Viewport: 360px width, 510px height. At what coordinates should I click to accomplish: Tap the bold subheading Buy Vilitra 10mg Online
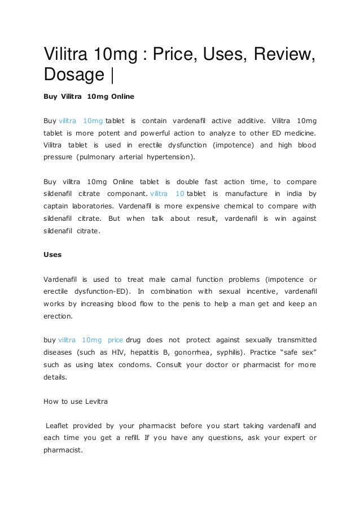[89, 97]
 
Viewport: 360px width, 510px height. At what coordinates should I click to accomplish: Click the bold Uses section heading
[52, 254]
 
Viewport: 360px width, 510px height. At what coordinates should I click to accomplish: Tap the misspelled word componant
[128, 194]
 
